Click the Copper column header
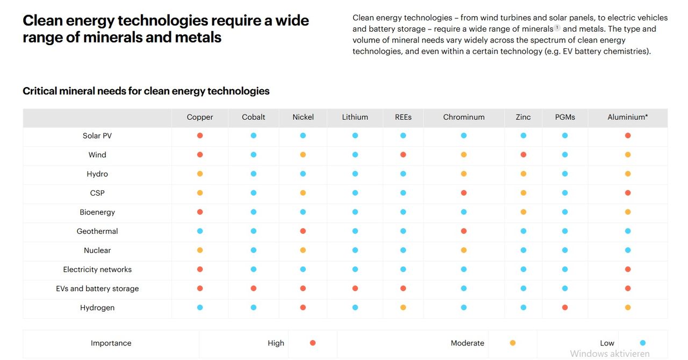pyautogui.click(x=200, y=117)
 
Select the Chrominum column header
pyautogui.click(x=464, y=117)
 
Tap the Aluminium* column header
pyautogui.click(x=627, y=117)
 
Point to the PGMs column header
pyautogui.click(x=565, y=117)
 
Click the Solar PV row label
pyautogui.click(x=97, y=136)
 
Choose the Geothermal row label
pyautogui.click(x=97, y=232)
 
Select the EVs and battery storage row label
pyautogui.click(x=97, y=289)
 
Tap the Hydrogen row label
pyautogui.click(x=97, y=308)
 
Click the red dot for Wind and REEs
pyautogui.click(x=403, y=155)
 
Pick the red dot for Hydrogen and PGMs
pyautogui.click(x=565, y=308)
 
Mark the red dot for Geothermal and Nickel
pyautogui.click(x=303, y=231)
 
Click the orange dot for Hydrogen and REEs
pyautogui.click(x=403, y=308)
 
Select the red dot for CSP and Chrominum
pyautogui.click(x=464, y=193)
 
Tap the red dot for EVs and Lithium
pyautogui.click(x=355, y=289)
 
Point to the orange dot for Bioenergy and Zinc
pyautogui.click(x=524, y=212)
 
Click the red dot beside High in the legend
pyautogui.click(x=313, y=343)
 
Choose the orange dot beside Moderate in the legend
pyautogui.click(x=513, y=343)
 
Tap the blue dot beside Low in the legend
pyautogui.click(x=643, y=343)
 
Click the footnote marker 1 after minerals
pyautogui.click(x=557, y=27)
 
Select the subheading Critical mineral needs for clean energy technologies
pyautogui.click(x=146, y=91)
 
